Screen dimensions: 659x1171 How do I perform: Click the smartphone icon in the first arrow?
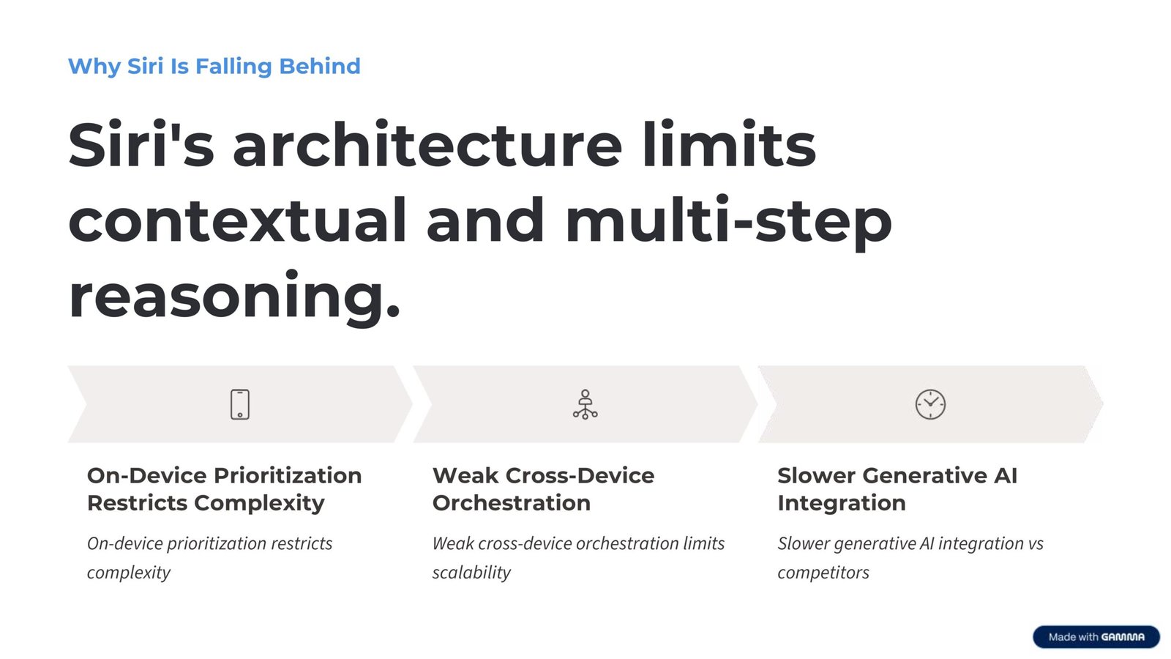tap(240, 404)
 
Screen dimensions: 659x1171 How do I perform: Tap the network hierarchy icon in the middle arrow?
tap(585, 404)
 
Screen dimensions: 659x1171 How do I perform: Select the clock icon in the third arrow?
tap(930, 404)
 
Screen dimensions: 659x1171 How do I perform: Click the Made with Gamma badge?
tap(1096, 636)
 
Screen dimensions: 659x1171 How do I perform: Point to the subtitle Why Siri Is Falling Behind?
tap(214, 66)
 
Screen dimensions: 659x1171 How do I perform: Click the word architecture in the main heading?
tap(427, 145)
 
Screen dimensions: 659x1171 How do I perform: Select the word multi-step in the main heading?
tap(728, 220)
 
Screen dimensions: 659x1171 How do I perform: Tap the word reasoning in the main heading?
tap(234, 296)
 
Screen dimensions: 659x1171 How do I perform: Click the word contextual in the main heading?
tap(237, 220)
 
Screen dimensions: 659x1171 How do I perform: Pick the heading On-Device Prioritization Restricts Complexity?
tap(224, 489)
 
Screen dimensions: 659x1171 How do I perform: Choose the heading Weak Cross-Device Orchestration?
tap(543, 489)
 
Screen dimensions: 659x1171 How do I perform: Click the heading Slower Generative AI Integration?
tap(897, 489)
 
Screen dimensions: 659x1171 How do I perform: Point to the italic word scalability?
tap(471, 573)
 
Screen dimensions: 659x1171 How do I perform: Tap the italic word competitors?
tap(823, 573)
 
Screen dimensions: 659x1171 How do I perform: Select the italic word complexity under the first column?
tap(129, 573)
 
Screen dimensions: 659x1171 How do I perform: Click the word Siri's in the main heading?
tap(141, 145)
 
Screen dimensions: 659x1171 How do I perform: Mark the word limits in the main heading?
tap(728, 145)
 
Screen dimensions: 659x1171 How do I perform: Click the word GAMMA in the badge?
tap(1123, 637)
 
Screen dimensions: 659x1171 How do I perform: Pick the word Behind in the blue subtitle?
tap(320, 66)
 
